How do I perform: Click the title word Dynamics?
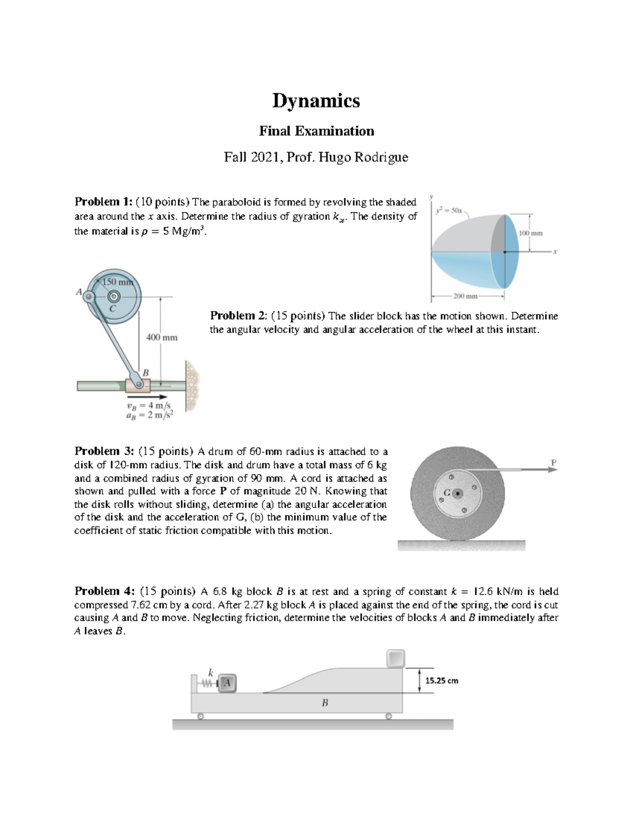point(316,101)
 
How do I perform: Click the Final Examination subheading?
point(316,131)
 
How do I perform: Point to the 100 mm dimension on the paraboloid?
point(530,233)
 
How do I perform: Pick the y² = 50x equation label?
point(449,210)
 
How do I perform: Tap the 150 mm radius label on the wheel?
point(118,282)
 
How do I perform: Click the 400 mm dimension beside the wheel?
point(161,337)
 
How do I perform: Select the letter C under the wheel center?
point(112,309)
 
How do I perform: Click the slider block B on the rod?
point(137,386)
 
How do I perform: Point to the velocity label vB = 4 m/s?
point(148,406)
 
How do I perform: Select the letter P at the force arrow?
point(553,462)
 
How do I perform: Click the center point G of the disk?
point(458,494)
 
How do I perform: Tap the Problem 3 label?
point(104,451)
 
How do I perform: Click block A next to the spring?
point(227,683)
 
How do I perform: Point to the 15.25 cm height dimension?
point(442,680)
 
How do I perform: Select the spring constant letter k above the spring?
point(210,672)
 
